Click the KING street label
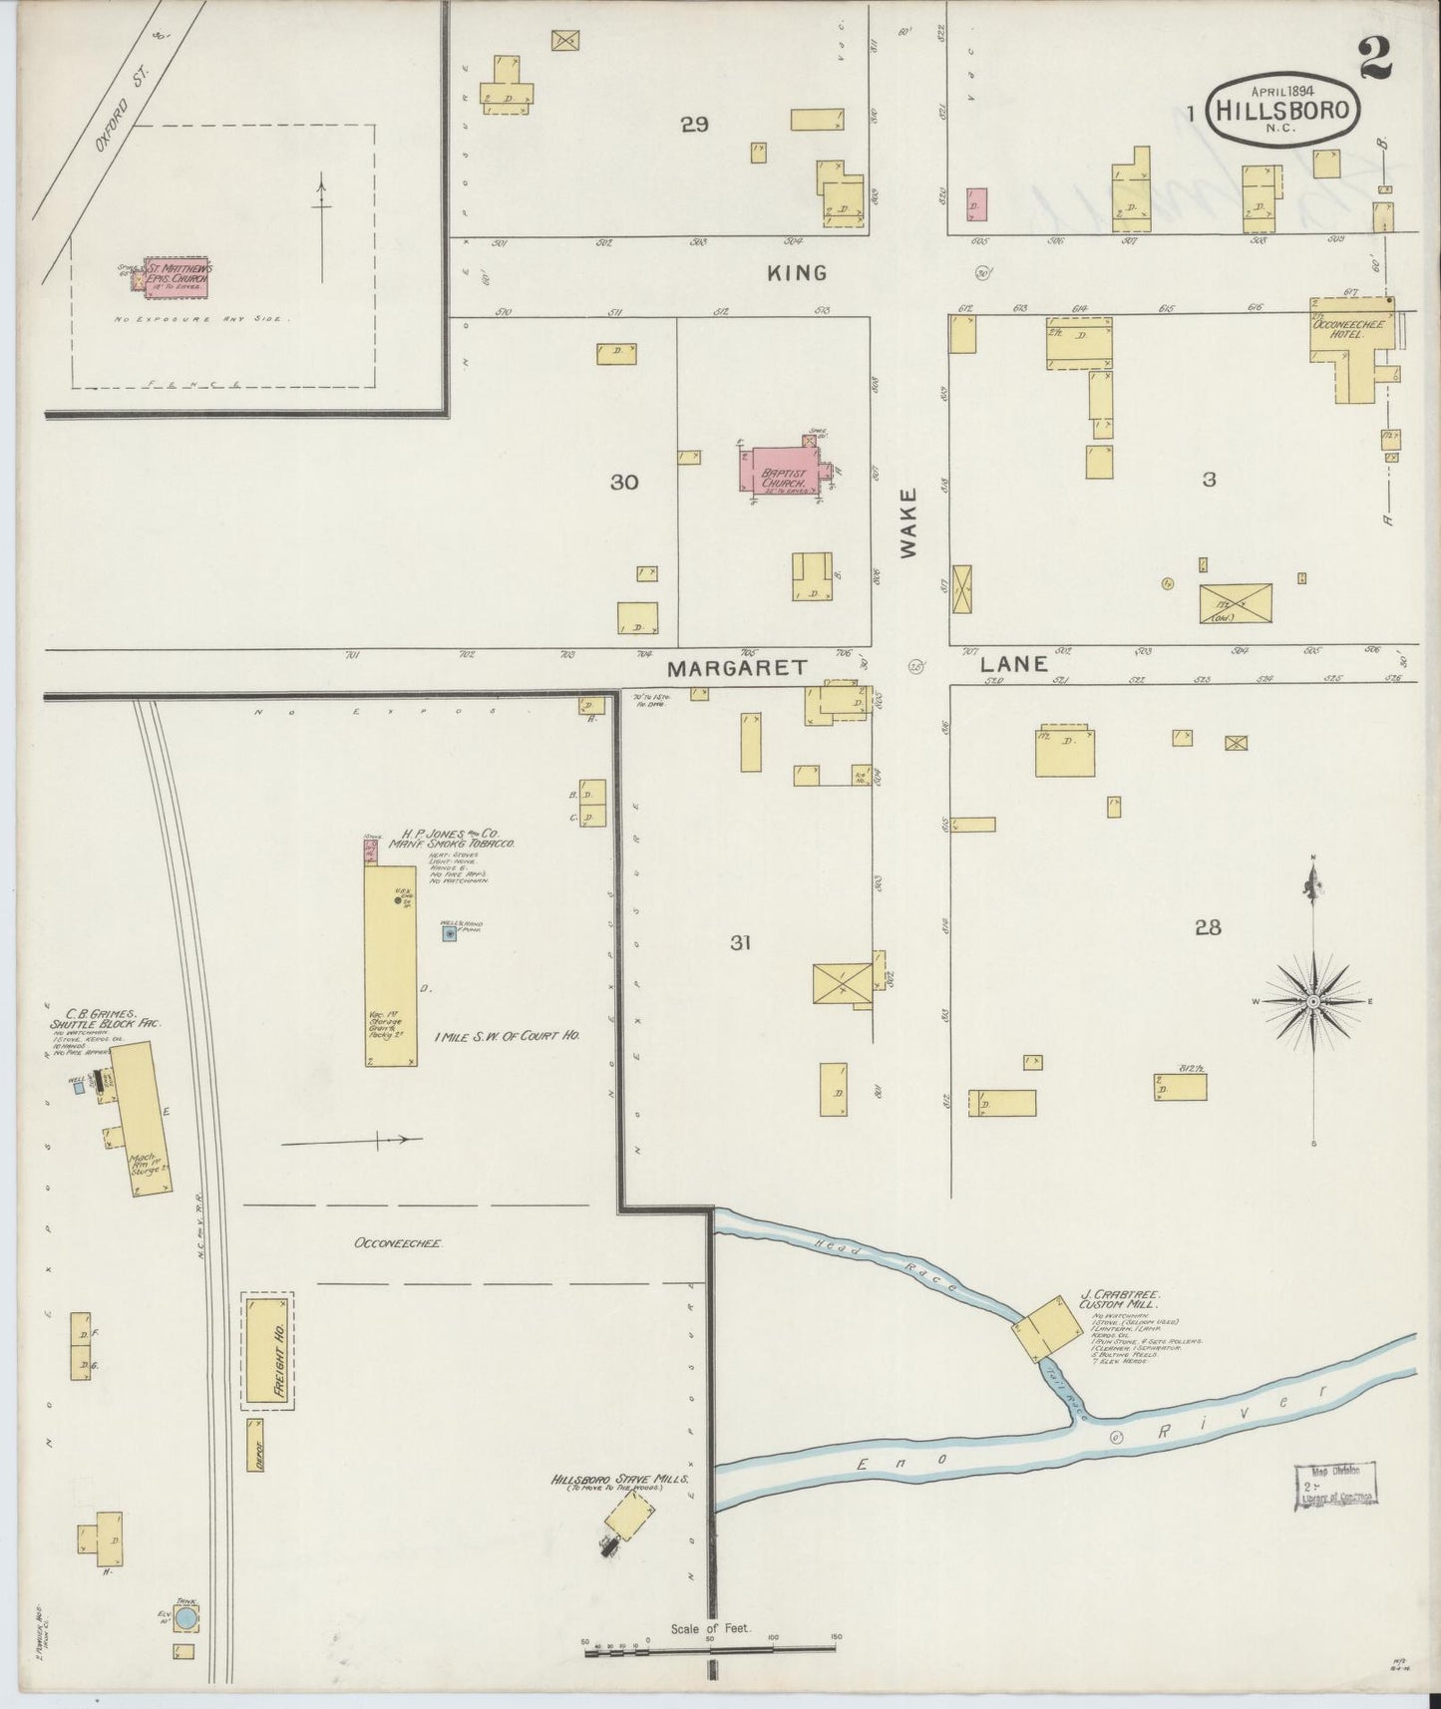(797, 272)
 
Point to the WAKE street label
(908, 522)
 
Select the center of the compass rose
(1314, 1000)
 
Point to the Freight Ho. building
(267, 1350)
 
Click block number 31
(739, 942)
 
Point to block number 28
(1208, 927)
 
